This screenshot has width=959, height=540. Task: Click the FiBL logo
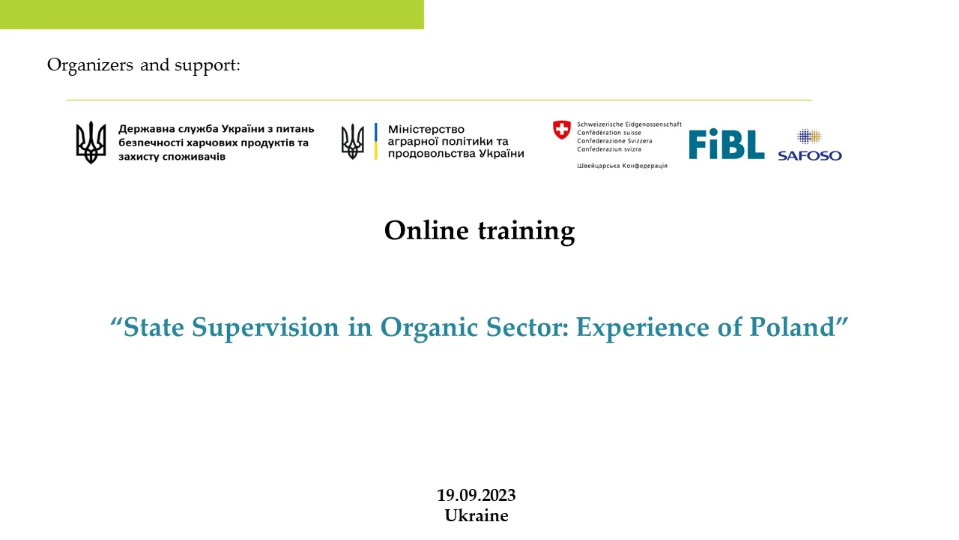(727, 144)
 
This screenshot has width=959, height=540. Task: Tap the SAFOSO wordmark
(810, 155)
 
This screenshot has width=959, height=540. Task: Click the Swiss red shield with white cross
(562, 130)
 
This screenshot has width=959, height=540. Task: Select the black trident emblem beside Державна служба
(91, 142)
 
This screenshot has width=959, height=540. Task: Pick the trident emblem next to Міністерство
(352, 142)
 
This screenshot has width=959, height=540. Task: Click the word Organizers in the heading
(90, 65)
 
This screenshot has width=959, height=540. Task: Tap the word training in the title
(527, 232)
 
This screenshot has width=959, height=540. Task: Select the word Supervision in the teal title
(265, 328)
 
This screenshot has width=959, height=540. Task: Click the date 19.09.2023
(476, 496)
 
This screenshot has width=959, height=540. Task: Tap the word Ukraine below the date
(476, 515)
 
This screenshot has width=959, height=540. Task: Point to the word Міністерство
(426, 129)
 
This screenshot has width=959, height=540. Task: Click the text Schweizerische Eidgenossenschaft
(629, 124)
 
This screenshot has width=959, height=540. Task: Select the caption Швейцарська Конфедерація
(622, 166)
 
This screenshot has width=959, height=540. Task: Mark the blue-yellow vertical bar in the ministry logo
(376, 142)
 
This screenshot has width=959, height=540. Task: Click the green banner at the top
(212, 14)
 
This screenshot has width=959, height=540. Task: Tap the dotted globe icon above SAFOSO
(809, 136)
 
